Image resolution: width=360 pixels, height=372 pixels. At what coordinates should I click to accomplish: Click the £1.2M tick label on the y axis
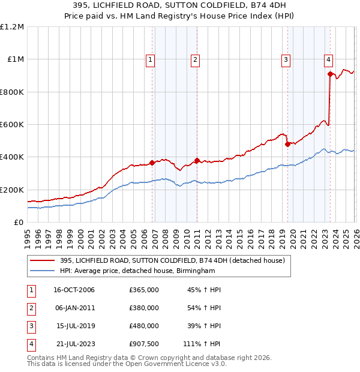pos(11,27)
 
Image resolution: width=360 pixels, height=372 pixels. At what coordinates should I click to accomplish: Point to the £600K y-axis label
pos(11,125)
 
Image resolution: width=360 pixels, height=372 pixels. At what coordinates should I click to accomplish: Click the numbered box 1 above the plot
pos(149,59)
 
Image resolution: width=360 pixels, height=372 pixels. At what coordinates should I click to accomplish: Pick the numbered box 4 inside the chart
pos(329,59)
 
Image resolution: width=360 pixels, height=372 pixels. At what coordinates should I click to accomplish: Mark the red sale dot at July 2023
pos(330,74)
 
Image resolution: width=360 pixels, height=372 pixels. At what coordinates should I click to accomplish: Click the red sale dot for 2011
pos(197,160)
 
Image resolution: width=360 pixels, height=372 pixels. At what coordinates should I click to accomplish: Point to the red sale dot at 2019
pos(287,144)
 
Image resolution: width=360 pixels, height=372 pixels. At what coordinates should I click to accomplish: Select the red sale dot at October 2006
pos(152,163)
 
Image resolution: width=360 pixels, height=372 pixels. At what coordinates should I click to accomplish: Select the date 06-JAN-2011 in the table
pos(74,308)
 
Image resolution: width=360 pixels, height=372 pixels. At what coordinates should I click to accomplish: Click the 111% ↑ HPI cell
pos(202,344)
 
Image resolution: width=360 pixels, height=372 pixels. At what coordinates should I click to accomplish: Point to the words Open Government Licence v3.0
pos(177,364)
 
